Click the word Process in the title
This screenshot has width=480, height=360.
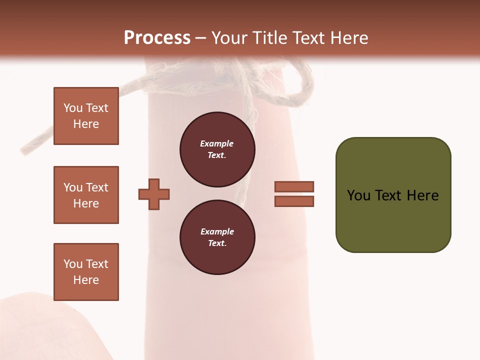[157, 38]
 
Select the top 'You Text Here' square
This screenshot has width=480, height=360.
[86, 116]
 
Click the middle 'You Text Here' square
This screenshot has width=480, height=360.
[86, 195]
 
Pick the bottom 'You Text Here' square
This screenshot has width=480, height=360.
[86, 272]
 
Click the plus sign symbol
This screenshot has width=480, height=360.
[154, 194]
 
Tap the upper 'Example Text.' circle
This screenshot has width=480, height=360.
[217, 149]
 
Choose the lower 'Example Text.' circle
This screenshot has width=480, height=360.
[217, 237]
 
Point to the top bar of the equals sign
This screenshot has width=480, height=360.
[294, 186]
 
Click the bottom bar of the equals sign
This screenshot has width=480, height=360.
[294, 201]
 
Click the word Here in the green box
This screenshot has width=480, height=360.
[422, 195]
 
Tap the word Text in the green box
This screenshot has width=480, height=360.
[389, 195]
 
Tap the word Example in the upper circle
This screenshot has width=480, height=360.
[217, 144]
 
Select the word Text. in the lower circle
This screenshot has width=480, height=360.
[217, 243]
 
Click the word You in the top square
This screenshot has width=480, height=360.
[72, 108]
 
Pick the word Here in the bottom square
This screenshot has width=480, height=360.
[86, 280]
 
